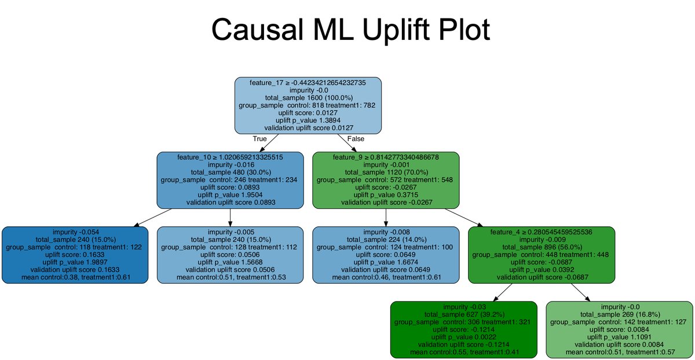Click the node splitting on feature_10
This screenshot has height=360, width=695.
coord(231,179)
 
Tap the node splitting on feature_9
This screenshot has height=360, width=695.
coord(386,179)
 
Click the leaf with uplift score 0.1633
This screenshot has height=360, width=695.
coord(75,255)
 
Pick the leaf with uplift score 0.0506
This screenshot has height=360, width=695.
coord(231,255)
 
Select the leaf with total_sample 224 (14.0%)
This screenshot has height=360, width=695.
coord(386,255)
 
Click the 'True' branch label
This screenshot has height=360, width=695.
coord(259,139)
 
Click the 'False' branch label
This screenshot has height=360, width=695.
coord(355,139)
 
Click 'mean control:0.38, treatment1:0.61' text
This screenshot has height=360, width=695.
coord(75,277)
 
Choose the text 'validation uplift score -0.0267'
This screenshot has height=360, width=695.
coord(386,202)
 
